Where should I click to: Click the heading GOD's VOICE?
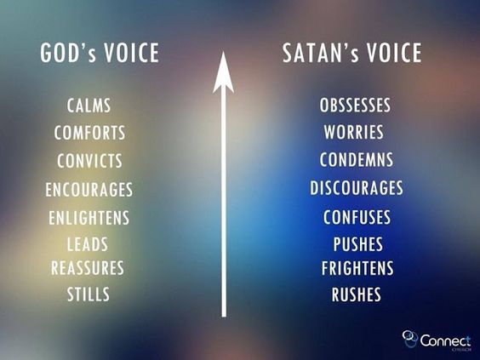[99, 54]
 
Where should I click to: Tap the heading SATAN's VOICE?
[351, 54]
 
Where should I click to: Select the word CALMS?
[89, 106]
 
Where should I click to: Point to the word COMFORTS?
[89, 134]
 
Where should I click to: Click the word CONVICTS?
[89, 161]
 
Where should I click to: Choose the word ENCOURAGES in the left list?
[89, 190]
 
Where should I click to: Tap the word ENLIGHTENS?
[89, 218]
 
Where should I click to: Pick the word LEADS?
[88, 244]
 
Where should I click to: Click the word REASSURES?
[88, 268]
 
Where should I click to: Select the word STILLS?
[89, 295]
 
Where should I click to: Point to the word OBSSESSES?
[355, 106]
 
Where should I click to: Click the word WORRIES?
[353, 133]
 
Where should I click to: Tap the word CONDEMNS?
[356, 160]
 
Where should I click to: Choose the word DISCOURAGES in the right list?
[356, 188]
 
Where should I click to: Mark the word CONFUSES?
[357, 217]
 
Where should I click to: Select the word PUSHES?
[357, 245]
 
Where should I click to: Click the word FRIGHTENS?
[357, 269]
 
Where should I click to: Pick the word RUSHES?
[357, 295]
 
